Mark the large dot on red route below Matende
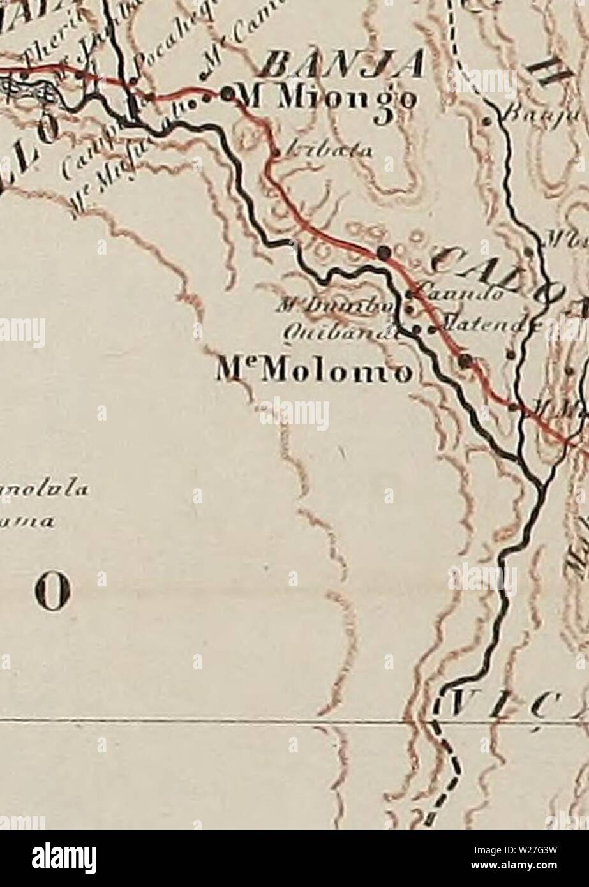[x=466, y=361]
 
